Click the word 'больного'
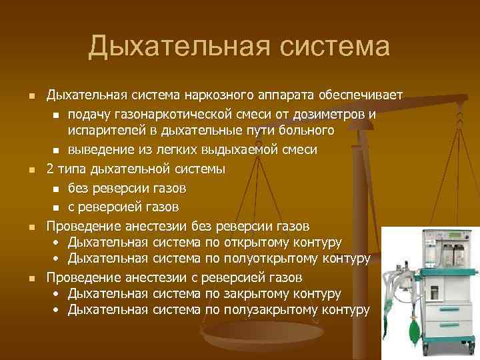click(x=307, y=131)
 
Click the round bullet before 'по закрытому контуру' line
click(x=56, y=294)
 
